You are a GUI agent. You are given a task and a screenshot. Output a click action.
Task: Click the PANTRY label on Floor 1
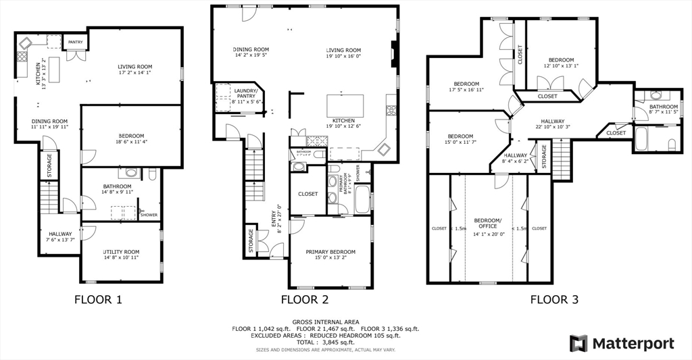click(x=75, y=42)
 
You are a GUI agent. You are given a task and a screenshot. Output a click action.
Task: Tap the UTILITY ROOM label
click(x=122, y=250)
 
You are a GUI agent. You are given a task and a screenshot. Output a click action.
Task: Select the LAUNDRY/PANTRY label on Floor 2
click(x=245, y=93)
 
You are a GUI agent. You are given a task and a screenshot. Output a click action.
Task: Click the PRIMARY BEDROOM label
click(x=330, y=252)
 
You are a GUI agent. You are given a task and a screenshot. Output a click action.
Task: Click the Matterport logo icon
click(x=578, y=343)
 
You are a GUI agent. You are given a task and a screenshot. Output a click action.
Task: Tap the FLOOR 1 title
click(x=97, y=299)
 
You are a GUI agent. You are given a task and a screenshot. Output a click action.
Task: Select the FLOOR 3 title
click(x=553, y=299)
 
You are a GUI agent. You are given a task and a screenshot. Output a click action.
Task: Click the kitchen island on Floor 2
click(x=345, y=106)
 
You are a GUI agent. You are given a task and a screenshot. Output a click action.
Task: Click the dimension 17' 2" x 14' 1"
click(x=135, y=73)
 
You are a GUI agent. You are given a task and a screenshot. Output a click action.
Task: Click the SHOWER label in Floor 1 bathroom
click(x=149, y=215)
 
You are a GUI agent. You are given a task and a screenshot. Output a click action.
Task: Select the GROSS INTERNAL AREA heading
click(x=326, y=322)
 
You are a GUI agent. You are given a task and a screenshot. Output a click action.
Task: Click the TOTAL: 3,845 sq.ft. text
click(x=326, y=342)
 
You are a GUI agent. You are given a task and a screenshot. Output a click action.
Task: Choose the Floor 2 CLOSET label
click(x=308, y=194)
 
